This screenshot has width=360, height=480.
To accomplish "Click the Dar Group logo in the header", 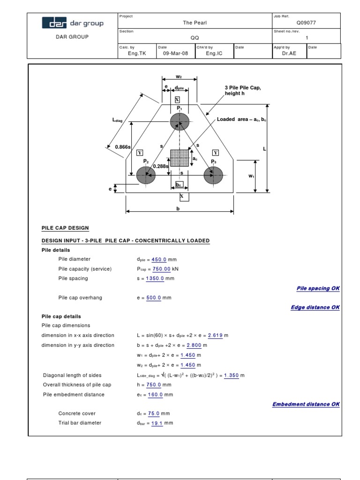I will pos(73,23).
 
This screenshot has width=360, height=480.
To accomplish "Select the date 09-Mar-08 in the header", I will pos(175,53).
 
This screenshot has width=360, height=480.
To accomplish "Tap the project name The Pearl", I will pos(195,22).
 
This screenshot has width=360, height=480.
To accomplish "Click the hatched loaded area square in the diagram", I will pos(180,158).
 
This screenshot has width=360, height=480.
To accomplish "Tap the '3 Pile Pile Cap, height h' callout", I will pos(243,90).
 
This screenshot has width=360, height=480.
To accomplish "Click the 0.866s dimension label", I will pos(122,147).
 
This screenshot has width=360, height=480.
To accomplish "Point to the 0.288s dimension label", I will pos(160,165).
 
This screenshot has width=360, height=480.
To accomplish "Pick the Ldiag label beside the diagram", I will pos(117,120).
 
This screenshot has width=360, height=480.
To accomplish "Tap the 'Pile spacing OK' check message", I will pos(318,288).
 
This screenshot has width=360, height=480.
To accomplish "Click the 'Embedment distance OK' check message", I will pos(306,404).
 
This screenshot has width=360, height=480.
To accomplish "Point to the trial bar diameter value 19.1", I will pos(157,423).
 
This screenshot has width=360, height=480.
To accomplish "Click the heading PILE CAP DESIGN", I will pos(65,228).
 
